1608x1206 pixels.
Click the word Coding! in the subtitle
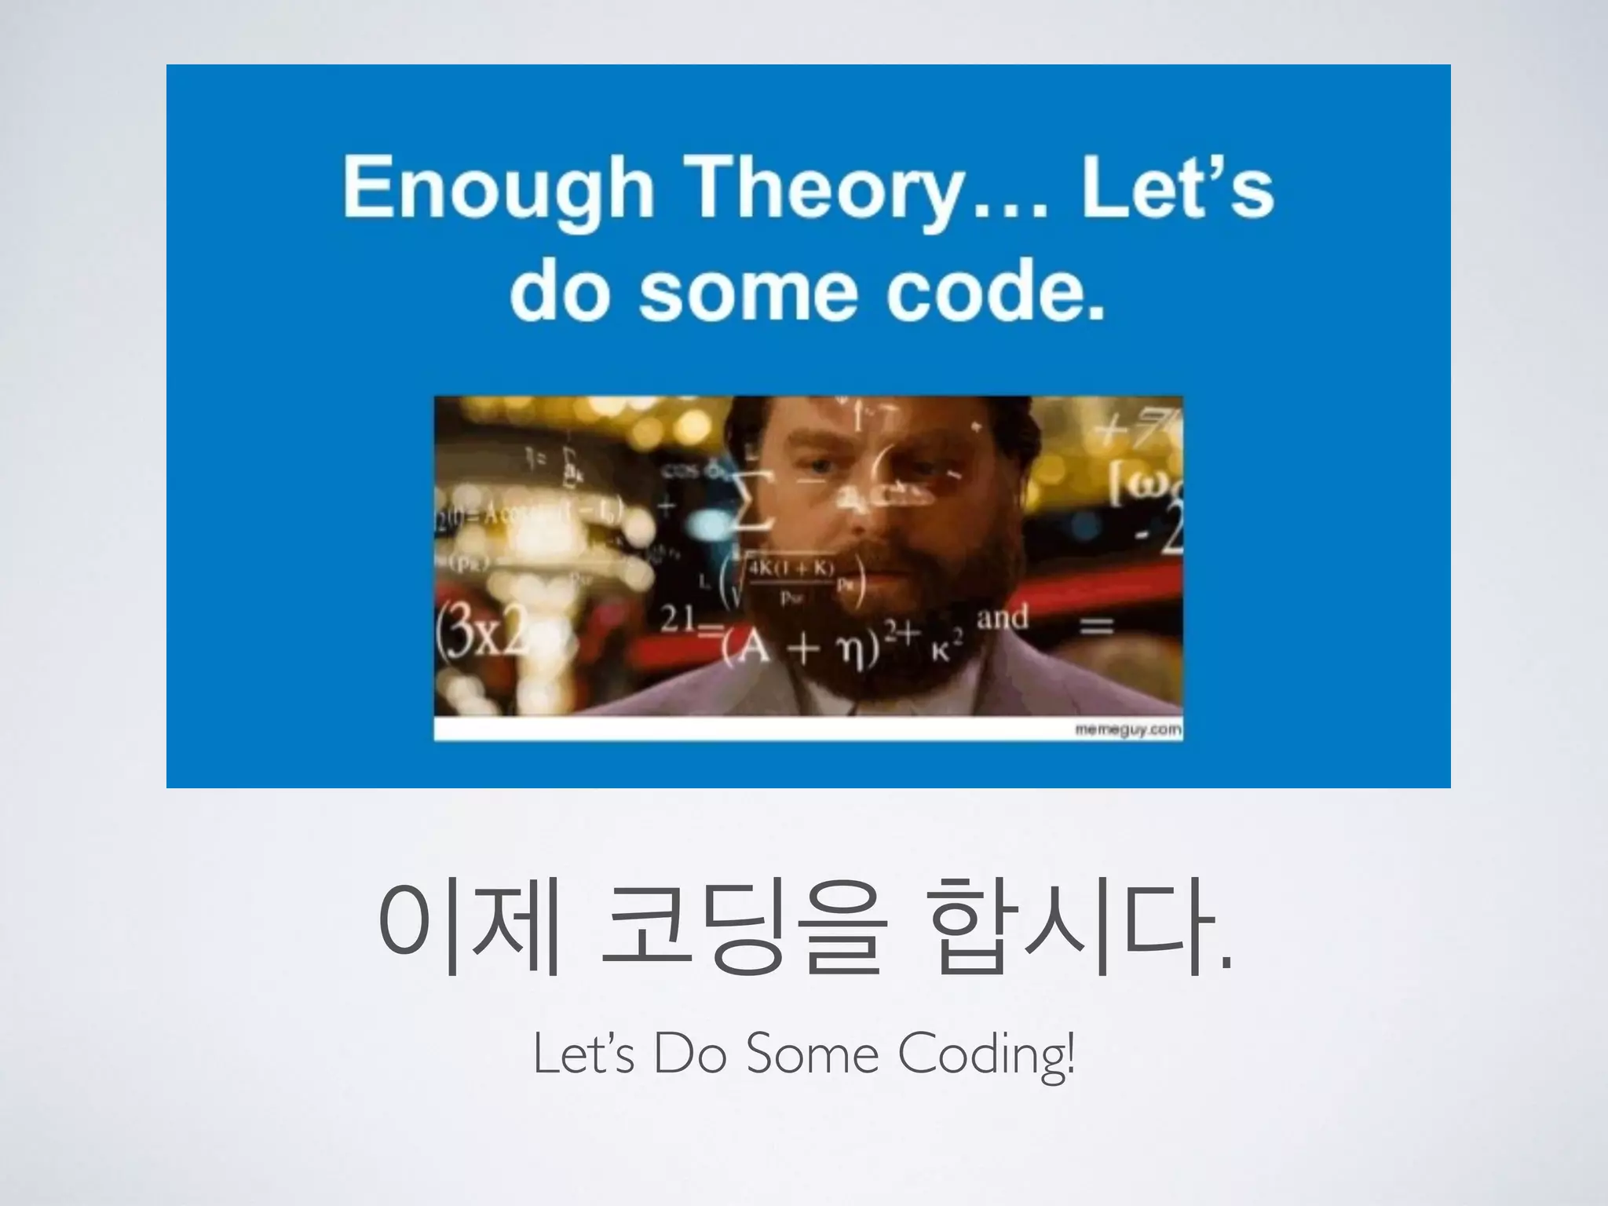(x=986, y=1056)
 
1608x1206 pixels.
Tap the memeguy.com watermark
(x=1127, y=730)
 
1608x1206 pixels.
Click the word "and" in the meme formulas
(x=1002, y=619)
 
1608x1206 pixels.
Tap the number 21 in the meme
(x=677, y=619)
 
